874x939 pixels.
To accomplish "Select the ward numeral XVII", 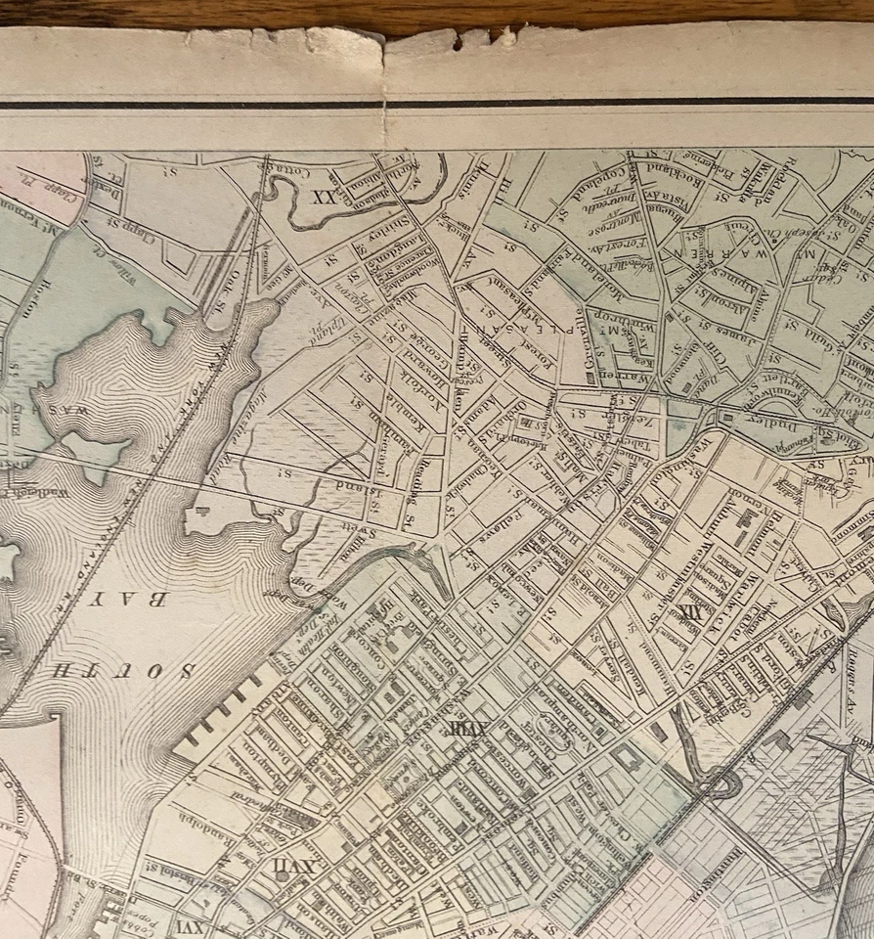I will (x=280, y=867).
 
